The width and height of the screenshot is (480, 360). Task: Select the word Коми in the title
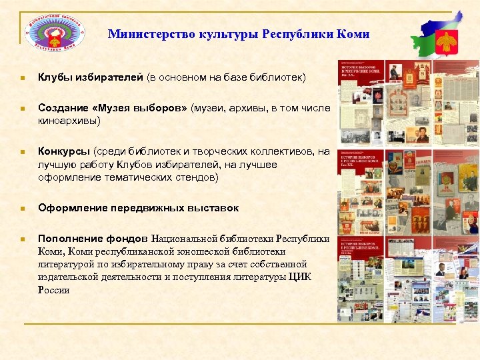pos(352,34)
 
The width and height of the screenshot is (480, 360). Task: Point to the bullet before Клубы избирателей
pos(22,79)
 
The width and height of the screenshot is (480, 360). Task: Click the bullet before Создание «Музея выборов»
pos(22,108)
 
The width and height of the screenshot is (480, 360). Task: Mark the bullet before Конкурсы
pos(22,151)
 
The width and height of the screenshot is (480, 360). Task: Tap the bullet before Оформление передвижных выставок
pos(22,208)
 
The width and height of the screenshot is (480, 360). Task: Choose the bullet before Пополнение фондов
pos(22,239)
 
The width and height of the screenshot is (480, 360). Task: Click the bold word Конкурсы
pos(64,151)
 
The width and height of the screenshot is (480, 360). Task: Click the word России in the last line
pos(54,290)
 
